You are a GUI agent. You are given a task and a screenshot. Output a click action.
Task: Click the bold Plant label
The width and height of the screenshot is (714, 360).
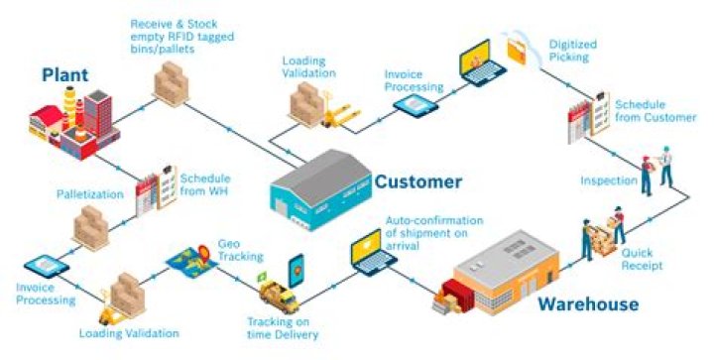click(66, 74)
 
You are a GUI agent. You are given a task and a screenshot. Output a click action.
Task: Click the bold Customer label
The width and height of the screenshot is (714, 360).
click(417, 181)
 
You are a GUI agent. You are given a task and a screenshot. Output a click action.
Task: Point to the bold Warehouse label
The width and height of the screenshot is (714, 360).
click(588, 303)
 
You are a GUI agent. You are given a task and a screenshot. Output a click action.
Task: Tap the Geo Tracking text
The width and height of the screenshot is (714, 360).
click(239, 249)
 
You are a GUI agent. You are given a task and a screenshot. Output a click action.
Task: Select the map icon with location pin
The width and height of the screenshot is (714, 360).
click(194, 259)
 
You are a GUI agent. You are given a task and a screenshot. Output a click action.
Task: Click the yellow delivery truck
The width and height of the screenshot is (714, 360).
click(279, 295)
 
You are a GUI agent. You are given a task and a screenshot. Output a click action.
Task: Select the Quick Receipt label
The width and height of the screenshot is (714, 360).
click(643, 259)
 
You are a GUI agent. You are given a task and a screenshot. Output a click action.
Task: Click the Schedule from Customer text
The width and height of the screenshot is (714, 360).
click(654, 111)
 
